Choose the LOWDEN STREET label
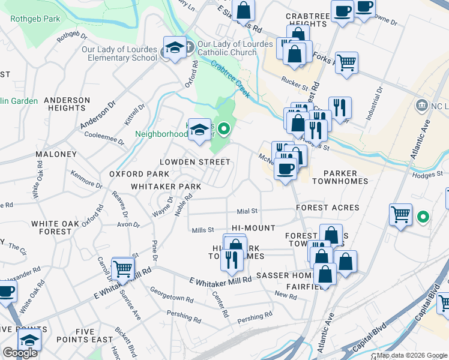point(194,162)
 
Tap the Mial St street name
point(247,211)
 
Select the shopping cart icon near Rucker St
point(347,62)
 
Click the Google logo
point(20,353)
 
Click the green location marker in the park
point(224,128)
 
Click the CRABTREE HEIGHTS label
point(306,19)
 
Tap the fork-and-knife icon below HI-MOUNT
point(231,259)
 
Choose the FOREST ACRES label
point(328,208)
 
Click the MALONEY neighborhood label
point(56,154)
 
